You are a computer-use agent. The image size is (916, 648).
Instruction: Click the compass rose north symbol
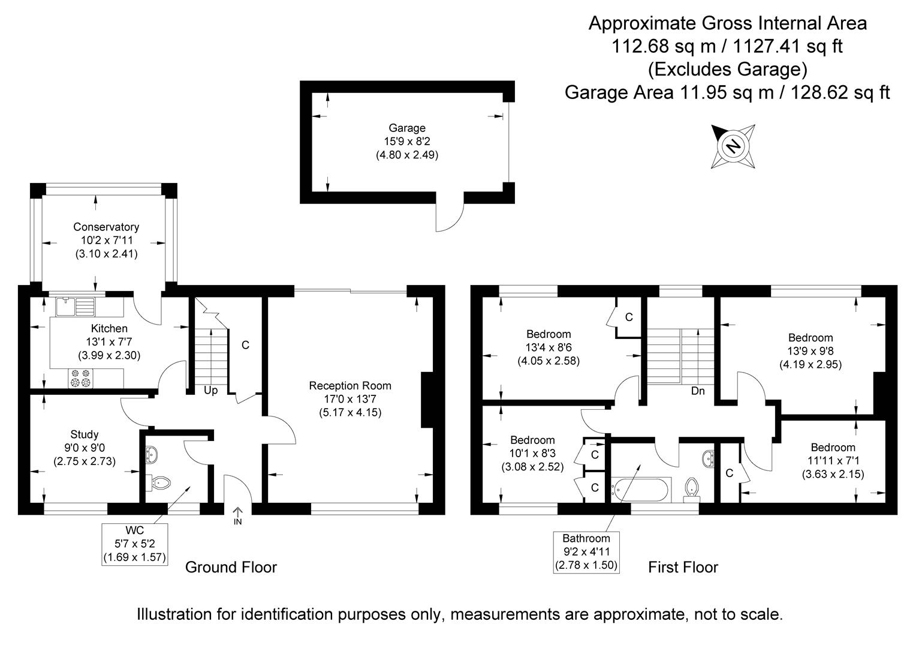coord(733,146)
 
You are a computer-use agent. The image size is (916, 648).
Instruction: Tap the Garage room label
coord(407,128)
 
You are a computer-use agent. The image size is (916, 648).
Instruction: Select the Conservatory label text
coord(106,227)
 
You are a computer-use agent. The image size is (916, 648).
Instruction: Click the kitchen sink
coord(76,307)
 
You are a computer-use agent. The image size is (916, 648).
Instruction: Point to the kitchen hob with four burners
coord(80,378)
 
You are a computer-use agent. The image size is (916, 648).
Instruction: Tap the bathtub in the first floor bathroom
coord(641,490)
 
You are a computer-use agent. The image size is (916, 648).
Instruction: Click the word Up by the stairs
coord(210,391)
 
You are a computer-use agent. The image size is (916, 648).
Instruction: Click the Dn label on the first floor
coord(698,391)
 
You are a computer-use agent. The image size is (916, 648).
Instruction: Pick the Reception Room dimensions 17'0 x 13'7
coord(350,399)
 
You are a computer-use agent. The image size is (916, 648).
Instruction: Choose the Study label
coord(85,434)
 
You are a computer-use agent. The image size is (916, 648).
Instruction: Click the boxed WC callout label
coord(134,544)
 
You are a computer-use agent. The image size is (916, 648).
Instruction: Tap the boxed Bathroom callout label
coord(586,552)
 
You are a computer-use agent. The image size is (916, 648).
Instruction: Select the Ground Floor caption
coord(231,568)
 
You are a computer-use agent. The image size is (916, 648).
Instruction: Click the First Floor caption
coord(683,568)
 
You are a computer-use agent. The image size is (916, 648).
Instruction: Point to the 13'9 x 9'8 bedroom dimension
coord(810,351)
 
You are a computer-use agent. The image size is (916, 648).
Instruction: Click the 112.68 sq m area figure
coord(663,46)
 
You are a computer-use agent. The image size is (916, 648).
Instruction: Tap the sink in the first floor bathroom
coord(708,459)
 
